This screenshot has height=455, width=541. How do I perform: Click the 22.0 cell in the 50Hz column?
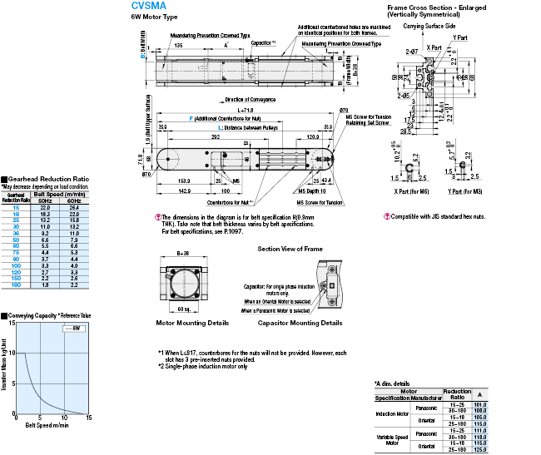tap(46, 207)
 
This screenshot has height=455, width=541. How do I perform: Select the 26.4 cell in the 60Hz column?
tap(73, 207)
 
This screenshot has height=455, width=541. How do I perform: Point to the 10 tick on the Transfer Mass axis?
tap(12, 354)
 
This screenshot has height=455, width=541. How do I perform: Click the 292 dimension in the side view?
tap(215, 136)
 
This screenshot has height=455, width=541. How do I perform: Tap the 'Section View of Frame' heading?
tap(290, 249)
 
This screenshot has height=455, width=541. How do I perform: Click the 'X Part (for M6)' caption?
tap(413, 192)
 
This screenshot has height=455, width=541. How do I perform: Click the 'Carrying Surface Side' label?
tap(429, 27)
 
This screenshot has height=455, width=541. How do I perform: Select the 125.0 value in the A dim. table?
tap(480, 450)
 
